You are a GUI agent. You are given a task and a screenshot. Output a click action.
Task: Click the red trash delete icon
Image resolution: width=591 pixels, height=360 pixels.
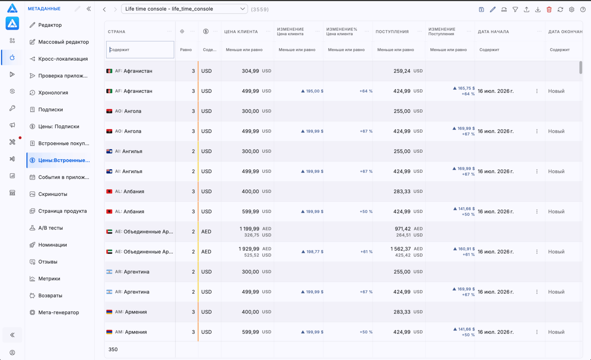(549, 9)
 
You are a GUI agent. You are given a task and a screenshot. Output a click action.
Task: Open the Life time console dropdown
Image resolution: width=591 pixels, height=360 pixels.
(184, 9)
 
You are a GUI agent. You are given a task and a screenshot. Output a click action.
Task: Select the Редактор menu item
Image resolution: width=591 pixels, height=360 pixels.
(50, 25)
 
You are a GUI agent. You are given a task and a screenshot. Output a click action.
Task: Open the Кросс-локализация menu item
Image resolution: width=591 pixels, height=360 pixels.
(63, 59)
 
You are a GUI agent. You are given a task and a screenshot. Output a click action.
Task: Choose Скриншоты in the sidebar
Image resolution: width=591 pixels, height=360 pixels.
(53, 194)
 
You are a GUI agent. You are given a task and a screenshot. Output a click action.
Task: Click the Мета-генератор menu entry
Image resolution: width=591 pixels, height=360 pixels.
(59, 312)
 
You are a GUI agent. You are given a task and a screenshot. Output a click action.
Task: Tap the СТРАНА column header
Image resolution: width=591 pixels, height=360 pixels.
(117, 32)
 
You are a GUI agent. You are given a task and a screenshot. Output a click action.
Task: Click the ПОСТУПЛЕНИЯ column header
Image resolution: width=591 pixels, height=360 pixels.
(392, 32)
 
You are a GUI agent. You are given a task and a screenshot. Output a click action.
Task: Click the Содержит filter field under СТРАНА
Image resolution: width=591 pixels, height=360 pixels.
(140, 50)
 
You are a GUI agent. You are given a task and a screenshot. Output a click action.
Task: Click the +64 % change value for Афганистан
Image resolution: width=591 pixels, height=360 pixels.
(366, 91)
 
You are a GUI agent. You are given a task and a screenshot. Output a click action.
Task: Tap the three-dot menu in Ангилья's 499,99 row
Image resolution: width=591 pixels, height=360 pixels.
(537, 172)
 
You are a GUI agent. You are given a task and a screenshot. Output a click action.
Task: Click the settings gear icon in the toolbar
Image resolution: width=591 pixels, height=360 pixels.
(572, 9)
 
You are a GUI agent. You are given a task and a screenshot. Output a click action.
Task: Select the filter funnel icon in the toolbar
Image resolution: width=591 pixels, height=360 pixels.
(515, 9)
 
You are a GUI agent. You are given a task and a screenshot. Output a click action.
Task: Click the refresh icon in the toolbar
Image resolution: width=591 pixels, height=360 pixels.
(560, 9)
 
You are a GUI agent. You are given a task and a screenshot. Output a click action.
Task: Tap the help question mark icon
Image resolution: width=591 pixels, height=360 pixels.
(583, 9)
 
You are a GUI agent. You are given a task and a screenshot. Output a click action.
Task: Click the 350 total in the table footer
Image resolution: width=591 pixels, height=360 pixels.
(113, 349)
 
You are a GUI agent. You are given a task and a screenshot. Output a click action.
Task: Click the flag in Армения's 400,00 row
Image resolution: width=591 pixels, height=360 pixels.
(109, 312)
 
